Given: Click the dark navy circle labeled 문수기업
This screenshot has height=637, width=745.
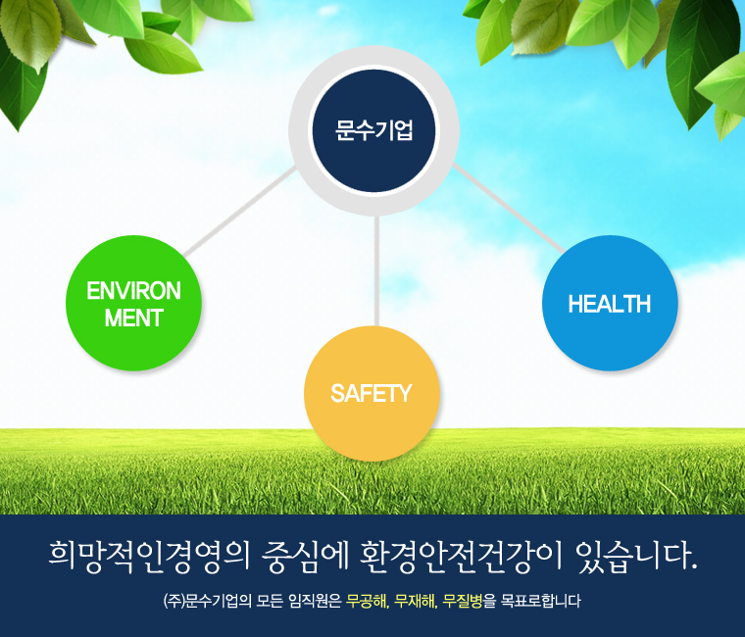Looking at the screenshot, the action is tap(373, 130).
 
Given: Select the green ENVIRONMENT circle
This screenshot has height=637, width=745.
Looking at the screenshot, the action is tap(133, 303).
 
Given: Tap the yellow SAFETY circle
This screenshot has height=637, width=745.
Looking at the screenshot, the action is tap(372, 393).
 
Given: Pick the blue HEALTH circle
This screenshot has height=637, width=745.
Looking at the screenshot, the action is tap(610, 303).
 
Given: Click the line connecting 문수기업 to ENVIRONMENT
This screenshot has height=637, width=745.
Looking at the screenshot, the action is tap(240, 212).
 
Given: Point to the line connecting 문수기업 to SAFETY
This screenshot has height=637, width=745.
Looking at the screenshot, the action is tap(376, 270).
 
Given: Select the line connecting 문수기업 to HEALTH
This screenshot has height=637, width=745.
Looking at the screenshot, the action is tap(509, 208).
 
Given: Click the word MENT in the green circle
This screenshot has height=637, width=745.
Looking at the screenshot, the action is tap(134, 318).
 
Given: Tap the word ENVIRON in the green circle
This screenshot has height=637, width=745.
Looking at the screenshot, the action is tap(133, 291).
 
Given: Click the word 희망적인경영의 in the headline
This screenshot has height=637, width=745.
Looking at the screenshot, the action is tap(149, 556).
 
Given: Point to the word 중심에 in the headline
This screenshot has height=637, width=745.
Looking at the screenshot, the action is tap(305, 556).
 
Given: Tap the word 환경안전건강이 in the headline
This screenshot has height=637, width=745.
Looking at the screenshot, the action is tap(461, 556).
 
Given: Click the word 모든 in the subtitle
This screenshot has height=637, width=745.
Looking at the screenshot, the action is tap(270, 602).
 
